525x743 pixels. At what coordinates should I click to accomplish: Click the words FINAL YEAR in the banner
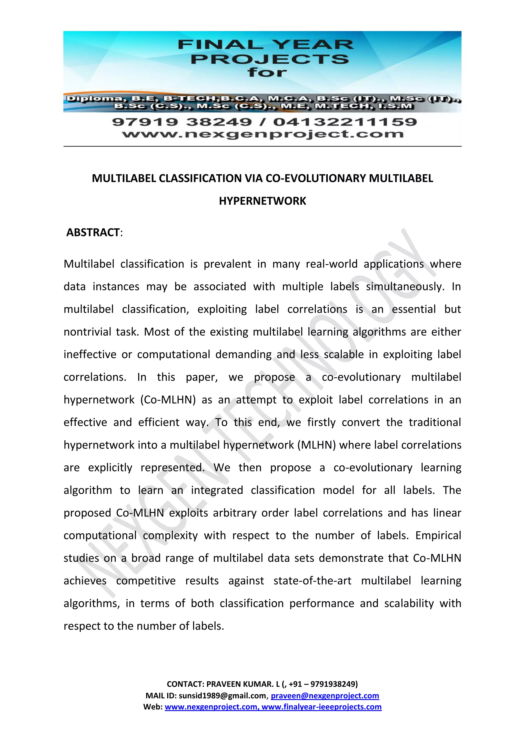(x=265, y=45)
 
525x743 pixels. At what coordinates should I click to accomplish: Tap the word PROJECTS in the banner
(x=270, y=59)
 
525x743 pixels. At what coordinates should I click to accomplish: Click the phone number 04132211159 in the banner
(x=345, y=122)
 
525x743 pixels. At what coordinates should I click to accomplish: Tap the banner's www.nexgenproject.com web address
(x=262, y=134)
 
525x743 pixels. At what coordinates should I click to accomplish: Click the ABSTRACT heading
(x=93, y=233)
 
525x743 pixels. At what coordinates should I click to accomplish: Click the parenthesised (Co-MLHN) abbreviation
(x=168, y=400)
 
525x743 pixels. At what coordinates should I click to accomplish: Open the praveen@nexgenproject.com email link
(x=325, y=696)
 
